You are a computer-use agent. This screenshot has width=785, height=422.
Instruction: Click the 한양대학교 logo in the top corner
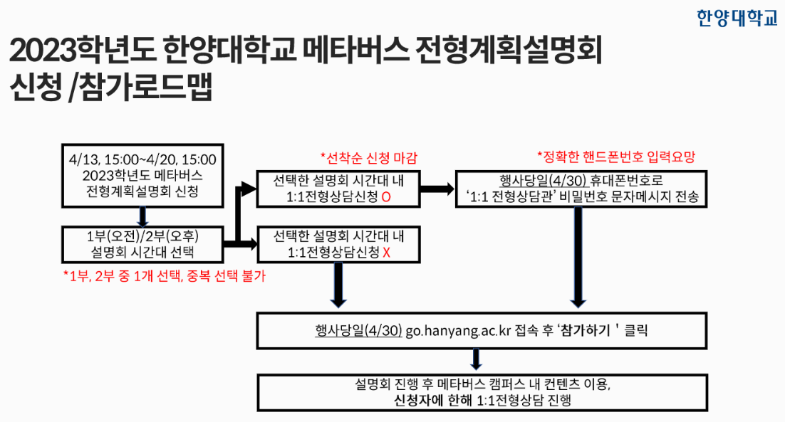point(737,18)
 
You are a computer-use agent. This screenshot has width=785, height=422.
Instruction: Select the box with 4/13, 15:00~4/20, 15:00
point(142,176)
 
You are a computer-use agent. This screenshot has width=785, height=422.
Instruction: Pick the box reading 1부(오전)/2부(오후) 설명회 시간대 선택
point(142,244)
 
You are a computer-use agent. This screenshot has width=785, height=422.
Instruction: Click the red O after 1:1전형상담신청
point(386,197)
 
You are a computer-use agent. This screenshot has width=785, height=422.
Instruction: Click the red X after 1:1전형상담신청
point(386,253)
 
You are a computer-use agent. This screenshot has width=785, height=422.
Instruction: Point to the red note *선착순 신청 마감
point(369,158)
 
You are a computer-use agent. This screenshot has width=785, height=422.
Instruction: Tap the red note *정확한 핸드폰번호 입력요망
point(616,157)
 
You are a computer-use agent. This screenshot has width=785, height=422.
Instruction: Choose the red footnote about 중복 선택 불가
point(165,275)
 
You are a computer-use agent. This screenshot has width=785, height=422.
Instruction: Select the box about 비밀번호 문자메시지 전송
point(581,189)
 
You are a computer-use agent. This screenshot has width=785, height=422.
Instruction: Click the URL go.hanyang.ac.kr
point(458,331)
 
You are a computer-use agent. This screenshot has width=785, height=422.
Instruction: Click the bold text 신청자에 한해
point(433,401)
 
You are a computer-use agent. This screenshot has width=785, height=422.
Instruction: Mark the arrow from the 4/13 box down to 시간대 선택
point(142,216)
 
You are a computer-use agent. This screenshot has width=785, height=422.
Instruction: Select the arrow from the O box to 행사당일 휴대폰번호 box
point(437,189)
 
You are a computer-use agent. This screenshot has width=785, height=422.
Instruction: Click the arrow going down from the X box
point(338,285)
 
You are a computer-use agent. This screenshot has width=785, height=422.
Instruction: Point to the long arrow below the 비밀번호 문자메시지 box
point(578,258)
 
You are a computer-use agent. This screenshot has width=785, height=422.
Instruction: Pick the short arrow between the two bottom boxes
point(476,359)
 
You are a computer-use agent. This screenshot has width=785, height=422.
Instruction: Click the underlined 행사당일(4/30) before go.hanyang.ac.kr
point(358,331)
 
